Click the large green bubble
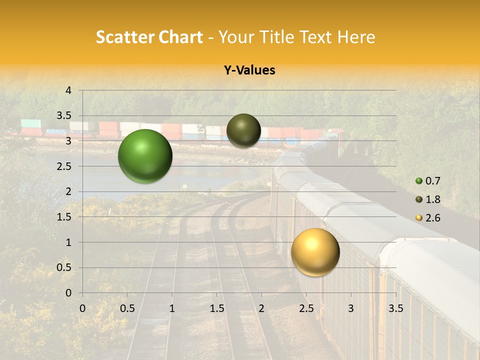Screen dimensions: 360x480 coord(145,156)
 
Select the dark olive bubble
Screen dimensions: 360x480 coord(243,130)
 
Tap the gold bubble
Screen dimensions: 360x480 coord(315,252)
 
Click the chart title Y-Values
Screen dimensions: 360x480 coord(249,70)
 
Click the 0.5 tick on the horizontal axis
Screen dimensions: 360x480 coord(127,308)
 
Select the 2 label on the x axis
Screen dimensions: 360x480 coord(261,308)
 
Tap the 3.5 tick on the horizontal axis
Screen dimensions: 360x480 coord(395,308)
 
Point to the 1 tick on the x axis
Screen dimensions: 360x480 coord(172,308)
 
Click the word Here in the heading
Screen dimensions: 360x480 coord(356,37)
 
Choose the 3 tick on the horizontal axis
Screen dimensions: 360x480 coord(351,308)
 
